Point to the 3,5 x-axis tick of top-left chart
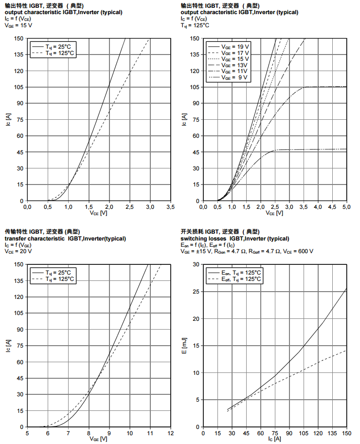(x=171, y=207)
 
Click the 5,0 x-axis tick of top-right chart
(x=346, y=207)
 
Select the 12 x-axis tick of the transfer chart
(x=171, y=433)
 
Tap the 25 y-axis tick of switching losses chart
(x=197, y=292)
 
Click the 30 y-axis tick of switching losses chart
(x=197, y=264)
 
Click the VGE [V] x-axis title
(x=99, y=440)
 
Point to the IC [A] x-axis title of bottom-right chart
(x=275, y=440)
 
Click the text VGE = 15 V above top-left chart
(x=19, y=25)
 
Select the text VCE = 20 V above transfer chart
(x=18, y=251)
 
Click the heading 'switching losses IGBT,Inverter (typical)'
(x=234, y=239)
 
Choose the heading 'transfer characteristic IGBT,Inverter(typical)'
(x=65, y=239)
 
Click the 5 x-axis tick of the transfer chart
(x=27, y=433)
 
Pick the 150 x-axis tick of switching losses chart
(x=346, y=433)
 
